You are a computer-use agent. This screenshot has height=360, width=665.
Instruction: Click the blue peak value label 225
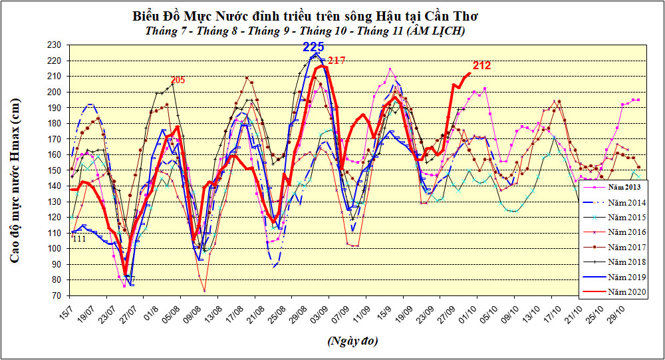point(313,47)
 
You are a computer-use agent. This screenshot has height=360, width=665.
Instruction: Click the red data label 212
point(482,65)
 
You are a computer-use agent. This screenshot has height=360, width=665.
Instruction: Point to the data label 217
point(336,61)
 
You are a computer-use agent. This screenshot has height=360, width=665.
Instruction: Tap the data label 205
point(178,81)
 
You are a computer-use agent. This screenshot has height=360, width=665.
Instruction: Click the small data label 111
point(78,239)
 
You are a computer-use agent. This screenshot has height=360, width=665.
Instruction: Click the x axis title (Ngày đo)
point(352,341)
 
